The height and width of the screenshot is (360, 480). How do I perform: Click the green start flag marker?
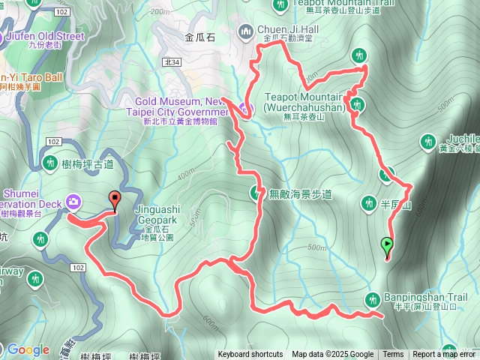point(387,244)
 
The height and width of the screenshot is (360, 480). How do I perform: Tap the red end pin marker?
point(114,200)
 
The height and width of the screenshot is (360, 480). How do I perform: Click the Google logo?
point(28,349)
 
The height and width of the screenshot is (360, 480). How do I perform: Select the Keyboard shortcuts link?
point(250,355)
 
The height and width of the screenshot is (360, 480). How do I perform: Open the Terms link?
point(393,355)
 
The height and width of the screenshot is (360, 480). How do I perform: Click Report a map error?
point(444,355)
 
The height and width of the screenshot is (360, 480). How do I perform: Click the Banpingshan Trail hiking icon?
point(372,301)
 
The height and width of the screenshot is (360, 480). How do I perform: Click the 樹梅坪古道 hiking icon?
point(51,162)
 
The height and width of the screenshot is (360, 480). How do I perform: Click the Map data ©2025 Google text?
point(332,355)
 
